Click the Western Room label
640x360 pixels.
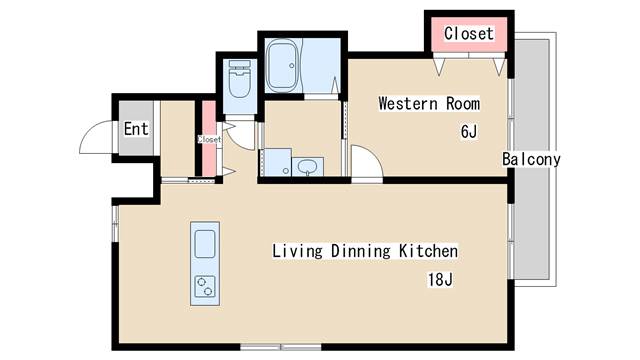[429, 104]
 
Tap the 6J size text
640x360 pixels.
[469, 131]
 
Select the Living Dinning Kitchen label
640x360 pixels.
[365, 251]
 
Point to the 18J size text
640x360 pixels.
[440, 280]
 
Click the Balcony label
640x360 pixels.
[531, 159]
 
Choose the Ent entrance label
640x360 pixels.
[136, 129]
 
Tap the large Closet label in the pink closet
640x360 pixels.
[469, 33]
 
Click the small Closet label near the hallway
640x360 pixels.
[209, 139]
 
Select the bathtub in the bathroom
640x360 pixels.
[282, 65]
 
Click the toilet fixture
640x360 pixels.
[240, 79]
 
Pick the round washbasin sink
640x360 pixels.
[307, 167]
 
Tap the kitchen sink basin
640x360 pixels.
[205, 244]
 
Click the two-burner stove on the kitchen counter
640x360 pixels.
[205, 286]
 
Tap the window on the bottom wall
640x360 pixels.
[281, 347]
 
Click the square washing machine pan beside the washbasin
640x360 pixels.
[277, 162]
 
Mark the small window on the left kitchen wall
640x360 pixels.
[116, 223]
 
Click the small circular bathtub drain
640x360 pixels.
[292, 65]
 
